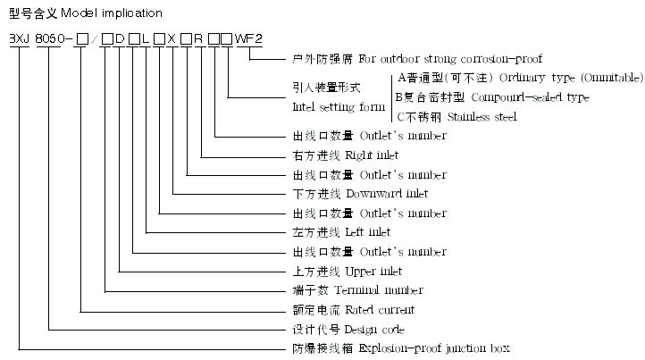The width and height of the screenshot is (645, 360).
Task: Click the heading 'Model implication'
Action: [112, 13]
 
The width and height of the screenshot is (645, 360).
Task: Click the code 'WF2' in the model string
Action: [248, 38]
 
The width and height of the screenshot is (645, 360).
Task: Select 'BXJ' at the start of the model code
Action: [20, 38]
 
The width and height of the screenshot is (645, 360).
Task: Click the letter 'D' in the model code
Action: [120, 38]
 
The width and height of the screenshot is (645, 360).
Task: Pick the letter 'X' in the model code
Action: [172, 38]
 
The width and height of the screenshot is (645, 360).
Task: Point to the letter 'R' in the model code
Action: [198, 38]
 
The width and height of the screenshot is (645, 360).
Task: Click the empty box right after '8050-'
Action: [83, 39]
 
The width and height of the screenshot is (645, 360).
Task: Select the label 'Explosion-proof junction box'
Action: [434, 348]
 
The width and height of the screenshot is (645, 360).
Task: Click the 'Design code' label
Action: [374, 330]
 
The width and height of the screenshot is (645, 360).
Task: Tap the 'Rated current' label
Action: [380, 310]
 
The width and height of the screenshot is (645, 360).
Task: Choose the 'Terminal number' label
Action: [379, 290]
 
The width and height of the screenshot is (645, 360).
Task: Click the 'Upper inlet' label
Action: [373, 272]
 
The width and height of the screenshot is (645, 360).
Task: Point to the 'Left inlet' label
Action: [368, 232]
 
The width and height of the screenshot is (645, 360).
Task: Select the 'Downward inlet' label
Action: [387, 194]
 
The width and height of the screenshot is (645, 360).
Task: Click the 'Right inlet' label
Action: [372, 155]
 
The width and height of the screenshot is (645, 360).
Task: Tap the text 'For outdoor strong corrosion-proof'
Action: [450, 59]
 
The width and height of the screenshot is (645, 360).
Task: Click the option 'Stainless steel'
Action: [482, 117]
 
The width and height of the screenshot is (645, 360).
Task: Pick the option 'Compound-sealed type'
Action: [531, 97]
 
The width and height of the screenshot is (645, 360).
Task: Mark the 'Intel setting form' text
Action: [339, 107]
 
